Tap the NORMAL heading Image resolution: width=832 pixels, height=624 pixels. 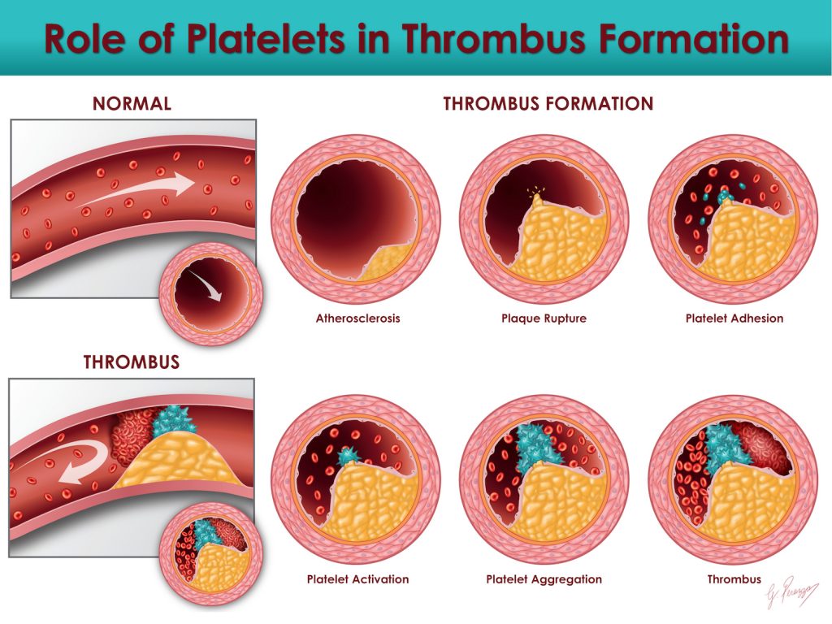click(x=132, y=104)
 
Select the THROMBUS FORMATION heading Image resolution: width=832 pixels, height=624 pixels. click(x=548, y=104)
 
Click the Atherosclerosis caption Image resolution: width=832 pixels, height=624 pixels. click(x=357, y=318)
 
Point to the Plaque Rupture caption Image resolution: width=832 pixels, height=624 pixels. click(x=544, y=318)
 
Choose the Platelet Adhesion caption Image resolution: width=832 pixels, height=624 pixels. click(x=734, y=318)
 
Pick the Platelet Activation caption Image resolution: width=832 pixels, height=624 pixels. click(x=357, y=579)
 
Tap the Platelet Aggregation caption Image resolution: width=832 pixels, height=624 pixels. click(x=544, y=579)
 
